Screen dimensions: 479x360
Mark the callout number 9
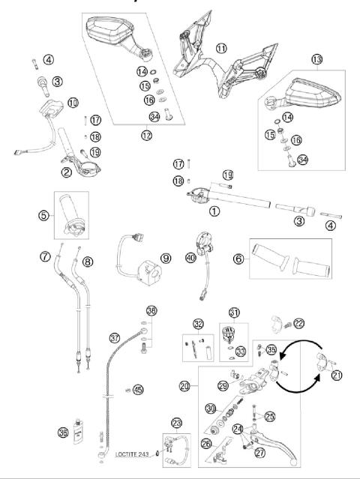(46, 258)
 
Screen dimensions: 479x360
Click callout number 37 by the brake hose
(166, 259)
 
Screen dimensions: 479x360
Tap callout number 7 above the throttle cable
(46, 258)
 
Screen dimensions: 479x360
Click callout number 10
(73, 102)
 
